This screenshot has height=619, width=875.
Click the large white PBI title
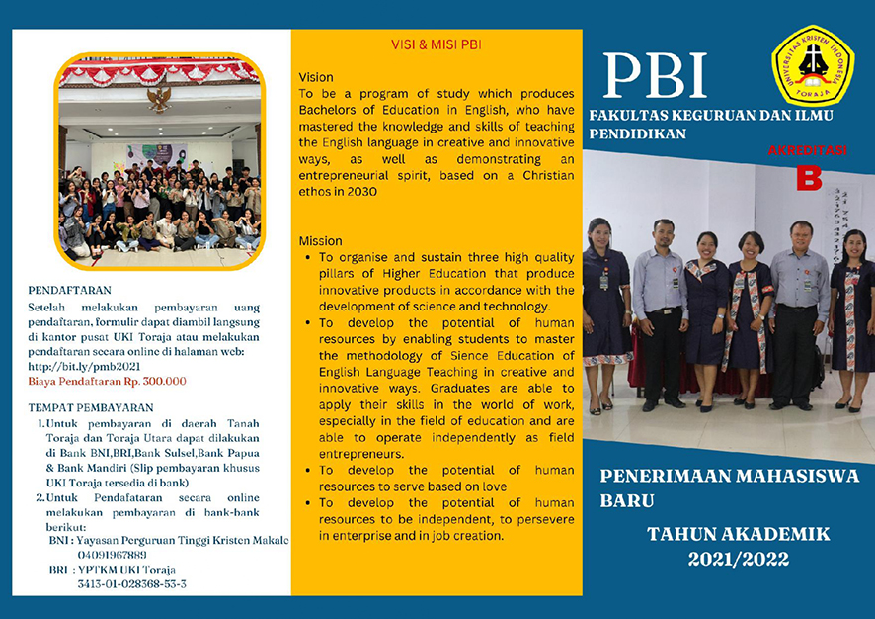coord(655,75)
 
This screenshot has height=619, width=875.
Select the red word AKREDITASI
coord(808,151)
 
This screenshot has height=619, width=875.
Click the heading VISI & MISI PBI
coord(436,44)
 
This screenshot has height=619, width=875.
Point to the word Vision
coord(316,77)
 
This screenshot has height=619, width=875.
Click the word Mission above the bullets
coord(320,240)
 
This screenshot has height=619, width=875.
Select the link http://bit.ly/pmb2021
coord(80,366)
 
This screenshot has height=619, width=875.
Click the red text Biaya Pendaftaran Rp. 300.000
coord(108,381)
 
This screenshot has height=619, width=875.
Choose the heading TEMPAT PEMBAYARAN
coord(91,407)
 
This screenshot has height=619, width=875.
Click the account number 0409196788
coord(111,555)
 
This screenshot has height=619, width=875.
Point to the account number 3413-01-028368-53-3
coord(131,584)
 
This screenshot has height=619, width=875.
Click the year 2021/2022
coord(739,560)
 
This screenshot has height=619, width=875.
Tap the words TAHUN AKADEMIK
coord(739,534)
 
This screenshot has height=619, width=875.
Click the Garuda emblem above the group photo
coord(158,97)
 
